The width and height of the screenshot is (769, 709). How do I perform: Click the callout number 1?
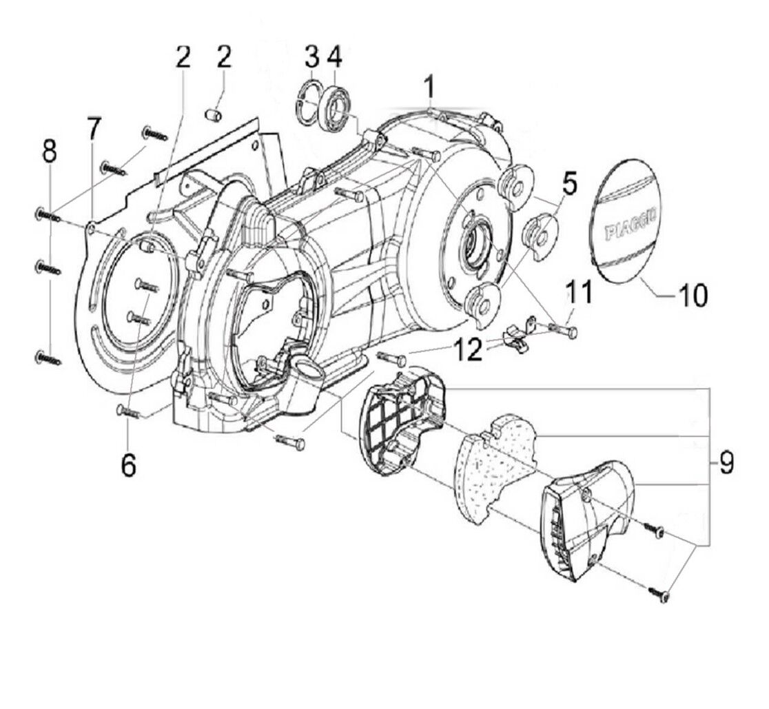tap(429, 88)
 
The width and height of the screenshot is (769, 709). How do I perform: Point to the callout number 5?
tap(569, 185)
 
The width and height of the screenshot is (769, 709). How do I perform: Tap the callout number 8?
tap(50, 152)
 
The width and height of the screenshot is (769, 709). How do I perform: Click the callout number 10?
tap(693, 296)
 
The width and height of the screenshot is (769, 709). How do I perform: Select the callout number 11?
tap(579, 294)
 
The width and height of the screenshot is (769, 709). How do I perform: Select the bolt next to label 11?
tap(565, 331)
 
